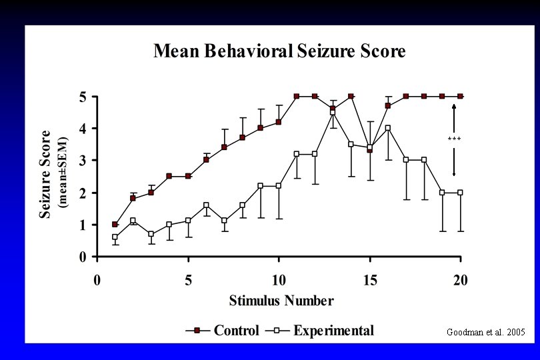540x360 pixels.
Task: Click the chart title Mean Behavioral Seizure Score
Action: [279, 51]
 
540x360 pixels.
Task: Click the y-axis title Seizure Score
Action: [45, 174]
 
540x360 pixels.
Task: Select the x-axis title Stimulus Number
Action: [281, 301]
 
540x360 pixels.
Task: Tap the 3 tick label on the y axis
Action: [83, 161]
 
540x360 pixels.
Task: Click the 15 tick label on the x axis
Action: [371, 280]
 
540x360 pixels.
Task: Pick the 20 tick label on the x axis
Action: [461, 280]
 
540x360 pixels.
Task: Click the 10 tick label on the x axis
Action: [279, 280]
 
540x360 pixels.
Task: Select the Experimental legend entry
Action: [333, 331]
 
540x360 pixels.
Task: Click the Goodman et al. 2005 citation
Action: [485, 332]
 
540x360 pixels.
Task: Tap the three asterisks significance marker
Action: [454, 139]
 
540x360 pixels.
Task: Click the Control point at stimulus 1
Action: [115, 225]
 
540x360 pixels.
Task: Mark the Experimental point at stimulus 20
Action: [460, 193]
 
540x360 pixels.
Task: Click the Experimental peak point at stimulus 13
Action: [333, 112]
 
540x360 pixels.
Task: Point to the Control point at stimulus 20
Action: [460, 96]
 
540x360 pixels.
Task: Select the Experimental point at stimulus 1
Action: [115, 237]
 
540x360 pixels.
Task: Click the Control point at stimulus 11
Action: [297, 96]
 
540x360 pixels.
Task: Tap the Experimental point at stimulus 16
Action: [387, 128]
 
